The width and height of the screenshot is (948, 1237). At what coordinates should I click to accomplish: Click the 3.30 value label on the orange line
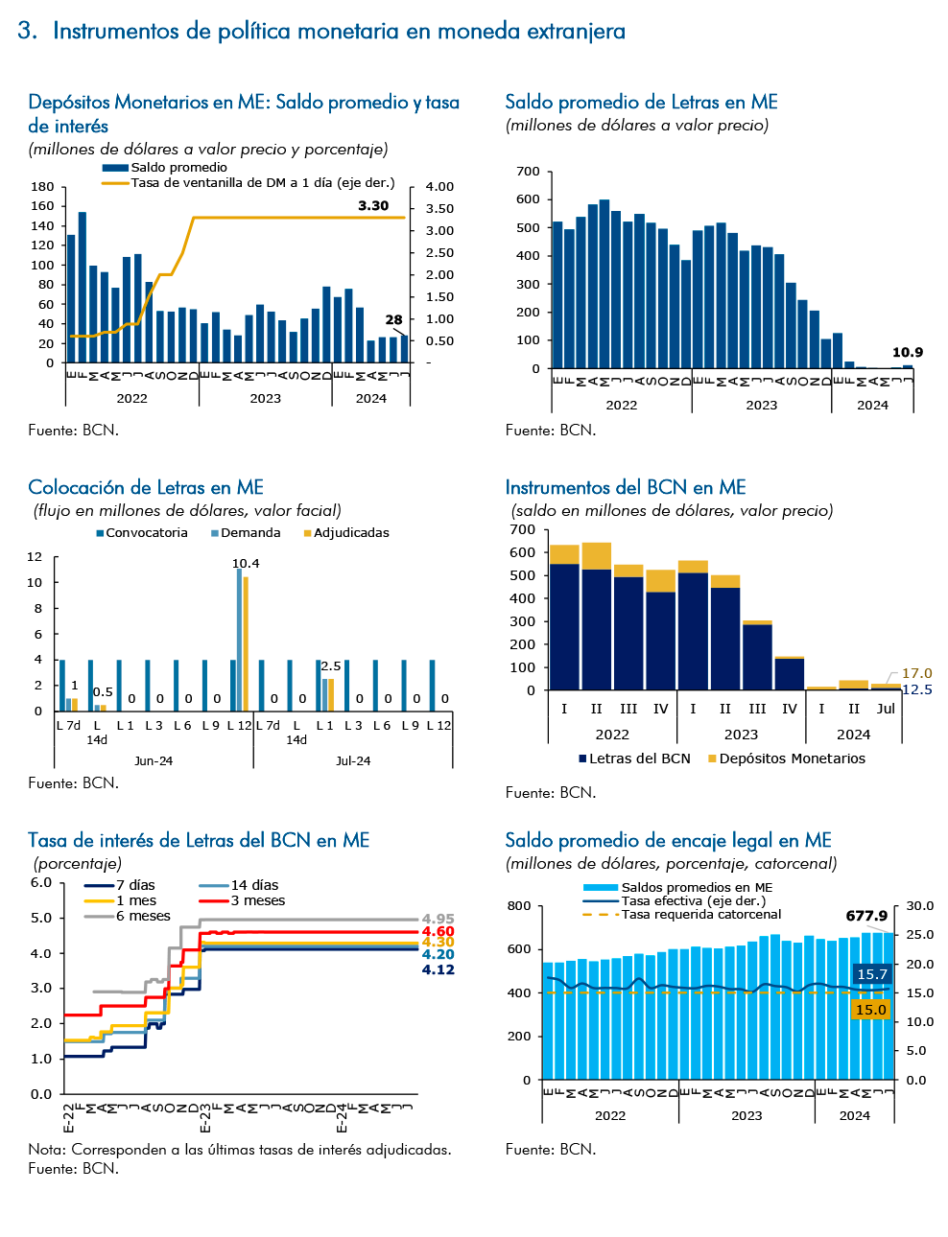pos(373,205)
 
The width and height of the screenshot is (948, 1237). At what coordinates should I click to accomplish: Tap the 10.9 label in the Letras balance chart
pos(907,352)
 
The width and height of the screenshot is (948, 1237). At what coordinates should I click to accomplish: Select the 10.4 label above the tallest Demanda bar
pos(246,563)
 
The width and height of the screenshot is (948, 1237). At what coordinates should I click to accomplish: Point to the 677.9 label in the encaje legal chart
pos(866,916)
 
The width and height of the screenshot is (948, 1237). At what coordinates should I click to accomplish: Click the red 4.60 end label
pos(438,931)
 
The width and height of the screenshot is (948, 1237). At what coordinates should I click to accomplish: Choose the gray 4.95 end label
pos(438,919)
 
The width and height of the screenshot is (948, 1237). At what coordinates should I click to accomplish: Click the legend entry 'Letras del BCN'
pos(635,759)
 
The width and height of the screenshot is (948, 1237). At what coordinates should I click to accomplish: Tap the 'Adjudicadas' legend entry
pos(346,533)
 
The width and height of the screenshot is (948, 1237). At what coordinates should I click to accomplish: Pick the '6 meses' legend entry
pos(128,916)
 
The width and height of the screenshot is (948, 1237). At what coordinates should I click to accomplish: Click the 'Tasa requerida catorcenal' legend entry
pos(681,914)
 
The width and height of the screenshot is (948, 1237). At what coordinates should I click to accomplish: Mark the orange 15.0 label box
pos(871,1010)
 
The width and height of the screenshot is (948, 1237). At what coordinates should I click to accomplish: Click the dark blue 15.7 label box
pos(871,974)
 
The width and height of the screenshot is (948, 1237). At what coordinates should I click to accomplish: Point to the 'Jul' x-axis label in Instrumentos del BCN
pos(886,709)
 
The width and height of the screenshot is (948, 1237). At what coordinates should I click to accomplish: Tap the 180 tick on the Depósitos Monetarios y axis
pos(43,187)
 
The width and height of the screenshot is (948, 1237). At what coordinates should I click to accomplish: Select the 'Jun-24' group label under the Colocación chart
pos(154,760)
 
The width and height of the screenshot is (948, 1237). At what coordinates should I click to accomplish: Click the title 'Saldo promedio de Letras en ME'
pos(641,102)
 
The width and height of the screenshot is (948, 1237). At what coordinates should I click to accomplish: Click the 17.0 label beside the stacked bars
pos(916,673)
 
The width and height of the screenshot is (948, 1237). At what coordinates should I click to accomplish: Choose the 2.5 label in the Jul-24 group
pos(331,666)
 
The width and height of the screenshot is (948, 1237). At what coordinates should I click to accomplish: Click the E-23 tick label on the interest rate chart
pos(205,1119)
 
